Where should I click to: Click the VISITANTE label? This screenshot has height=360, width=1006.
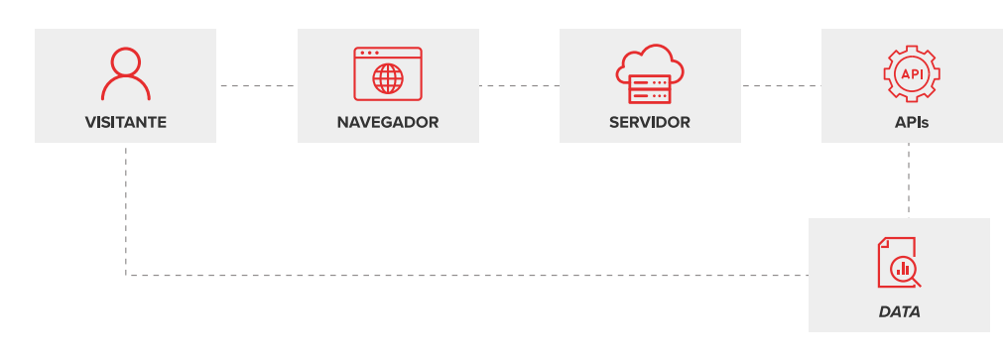coord(125,123)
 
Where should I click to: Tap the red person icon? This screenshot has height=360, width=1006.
coord(126,73)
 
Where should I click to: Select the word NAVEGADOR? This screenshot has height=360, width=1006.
coord(388,123)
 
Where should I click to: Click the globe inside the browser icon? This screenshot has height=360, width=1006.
coord(388,78)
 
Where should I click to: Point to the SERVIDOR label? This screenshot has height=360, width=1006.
coord(650,123)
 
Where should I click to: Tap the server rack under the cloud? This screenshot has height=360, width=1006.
coord(650,90)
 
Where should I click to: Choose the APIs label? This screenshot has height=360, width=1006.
coord(912,123)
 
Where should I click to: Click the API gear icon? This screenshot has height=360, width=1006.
coord(912,73)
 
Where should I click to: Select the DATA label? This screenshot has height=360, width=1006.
coord(899,311)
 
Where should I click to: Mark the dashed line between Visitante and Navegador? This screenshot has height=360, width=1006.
coord(256,86)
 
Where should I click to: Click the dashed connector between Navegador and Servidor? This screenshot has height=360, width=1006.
coord(519,86)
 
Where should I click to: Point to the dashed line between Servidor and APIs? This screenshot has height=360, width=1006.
coord(781,86)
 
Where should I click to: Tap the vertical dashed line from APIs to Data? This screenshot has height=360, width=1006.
coord(909,180)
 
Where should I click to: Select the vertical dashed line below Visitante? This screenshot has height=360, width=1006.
coord(126,208)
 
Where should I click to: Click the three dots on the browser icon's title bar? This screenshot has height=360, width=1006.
coord(369,53)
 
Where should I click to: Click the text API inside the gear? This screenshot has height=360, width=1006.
coord(912,73)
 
